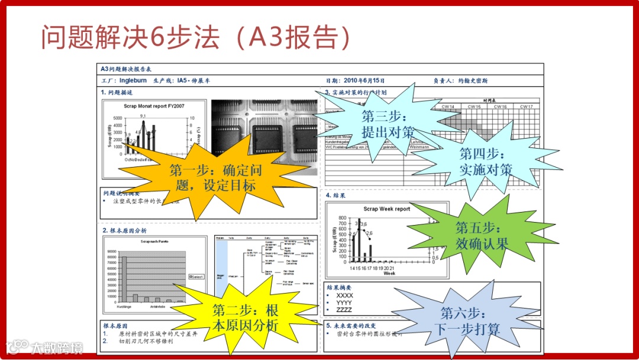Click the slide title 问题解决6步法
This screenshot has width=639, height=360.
click(x=195, y=37)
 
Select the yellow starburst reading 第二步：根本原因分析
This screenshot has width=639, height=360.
click(x=245, y=317)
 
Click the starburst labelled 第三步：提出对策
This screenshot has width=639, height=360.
click(x=388, y=124)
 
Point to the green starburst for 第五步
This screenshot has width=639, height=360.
click(x=481, y=235)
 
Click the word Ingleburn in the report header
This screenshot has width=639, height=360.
click(x=133, y=81)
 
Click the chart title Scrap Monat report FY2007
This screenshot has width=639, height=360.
click(x=153, y=106)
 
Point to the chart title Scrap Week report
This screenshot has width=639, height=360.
click(x=386, y=209)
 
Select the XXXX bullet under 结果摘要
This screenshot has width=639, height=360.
click(x=344, y=295)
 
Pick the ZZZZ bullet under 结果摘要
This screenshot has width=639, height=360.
click(x=344, y=310)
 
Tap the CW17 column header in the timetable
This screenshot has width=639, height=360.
click(x=526, y=107)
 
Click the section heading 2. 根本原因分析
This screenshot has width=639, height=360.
click(x=125, y=230)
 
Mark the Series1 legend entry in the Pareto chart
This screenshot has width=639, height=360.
click(x=196, y=277)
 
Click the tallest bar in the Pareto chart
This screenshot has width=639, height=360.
click(x=125, y=278)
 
